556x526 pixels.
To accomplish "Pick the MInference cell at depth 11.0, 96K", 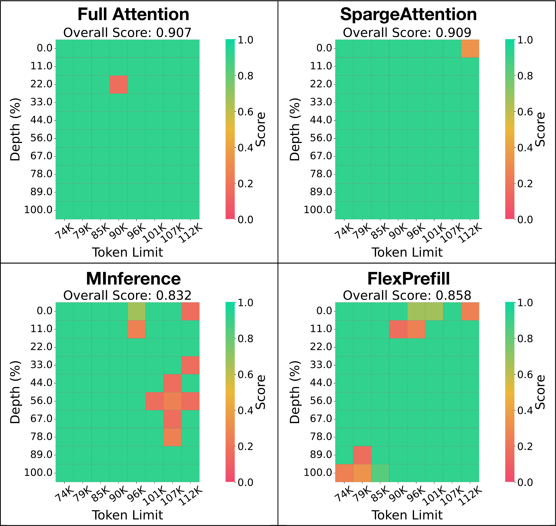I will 137,329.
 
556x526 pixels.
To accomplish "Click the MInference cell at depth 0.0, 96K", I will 137,311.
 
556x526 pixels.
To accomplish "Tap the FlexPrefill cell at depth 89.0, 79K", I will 362,455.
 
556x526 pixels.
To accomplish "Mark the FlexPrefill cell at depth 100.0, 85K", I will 380,473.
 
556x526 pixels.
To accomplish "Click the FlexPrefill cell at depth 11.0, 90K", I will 398,329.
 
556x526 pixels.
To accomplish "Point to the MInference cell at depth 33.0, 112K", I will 190,365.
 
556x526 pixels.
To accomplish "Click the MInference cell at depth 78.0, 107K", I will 172,437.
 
